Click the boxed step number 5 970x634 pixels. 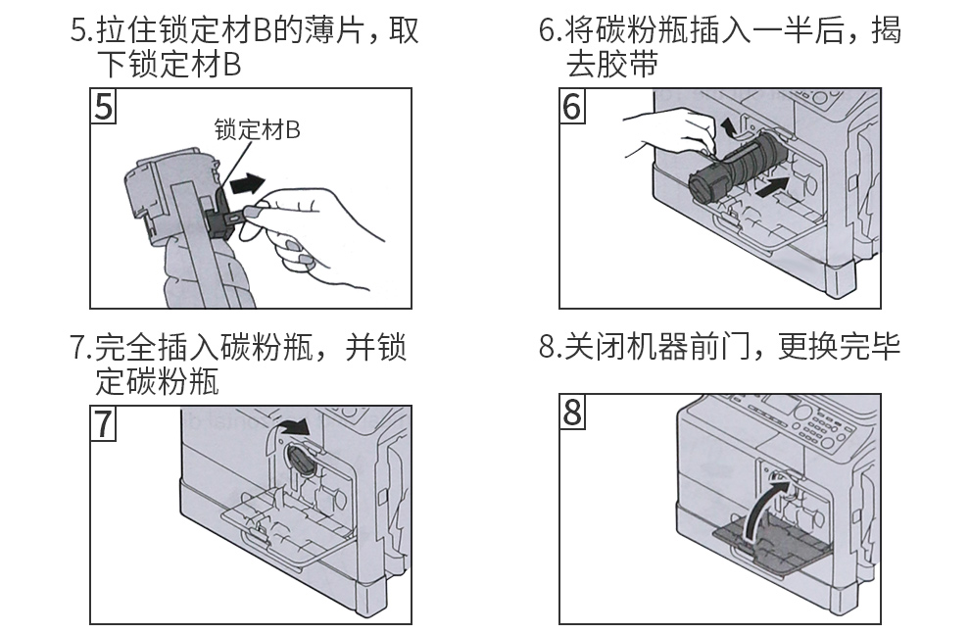[103, 106]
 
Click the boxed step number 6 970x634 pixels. [572, 106]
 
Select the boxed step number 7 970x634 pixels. [103, 423]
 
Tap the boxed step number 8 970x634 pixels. [572, 414]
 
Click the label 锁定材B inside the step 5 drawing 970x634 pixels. [257, 129]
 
